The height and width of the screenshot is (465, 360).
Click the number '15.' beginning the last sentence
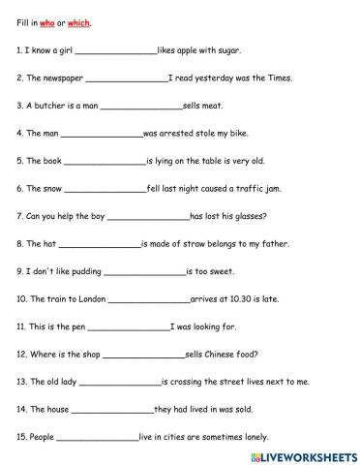pos(23,438)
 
